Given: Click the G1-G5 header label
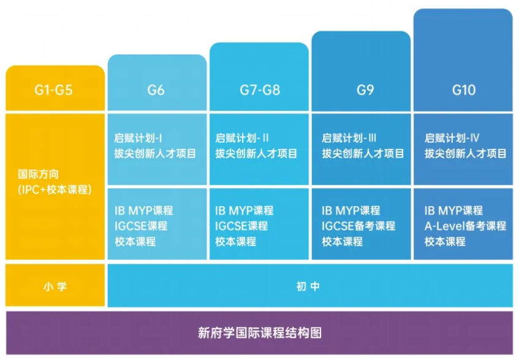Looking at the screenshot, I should tap(53, 90).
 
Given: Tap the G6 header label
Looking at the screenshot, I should tap(156, 90).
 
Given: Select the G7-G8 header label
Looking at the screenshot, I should tap(259, 90).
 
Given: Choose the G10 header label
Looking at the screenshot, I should tap(464, 90).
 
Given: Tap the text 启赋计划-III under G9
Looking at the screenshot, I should tap(349, 138).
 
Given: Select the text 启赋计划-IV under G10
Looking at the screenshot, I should tap(452, 138).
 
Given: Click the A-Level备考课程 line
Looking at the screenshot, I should tap(465, 226).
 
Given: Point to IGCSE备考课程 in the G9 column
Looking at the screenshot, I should tap(358, 226).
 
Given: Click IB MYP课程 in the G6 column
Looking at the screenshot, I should tap(143, 210).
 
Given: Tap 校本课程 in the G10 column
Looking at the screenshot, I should tap(445, 242).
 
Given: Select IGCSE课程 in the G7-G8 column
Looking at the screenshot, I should tap(241, 226).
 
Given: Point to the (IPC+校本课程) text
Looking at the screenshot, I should tap(55, 190).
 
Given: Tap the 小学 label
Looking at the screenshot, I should tap(54, 286).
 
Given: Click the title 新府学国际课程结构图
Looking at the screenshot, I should tap(259, 333).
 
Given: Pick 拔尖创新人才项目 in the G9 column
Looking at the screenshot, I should tap(363, 153).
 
